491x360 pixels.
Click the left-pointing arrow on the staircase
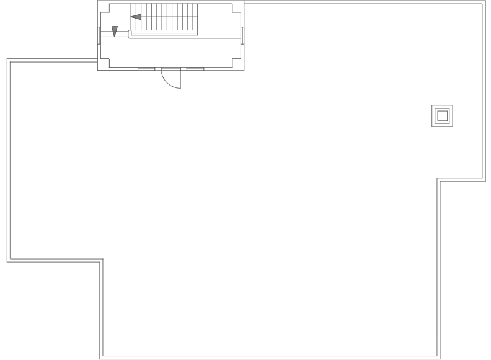point(136,17)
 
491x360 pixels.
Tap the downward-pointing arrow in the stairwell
point(115,30)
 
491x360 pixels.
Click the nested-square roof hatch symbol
point(442,116)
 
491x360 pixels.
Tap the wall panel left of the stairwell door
point(146,68)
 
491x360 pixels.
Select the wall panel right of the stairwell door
point(195,68)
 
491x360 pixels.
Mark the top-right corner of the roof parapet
point(484,3)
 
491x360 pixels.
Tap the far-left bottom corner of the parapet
point(8,260)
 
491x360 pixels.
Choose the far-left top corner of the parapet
point(8,60)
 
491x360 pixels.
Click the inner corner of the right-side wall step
point(438,180)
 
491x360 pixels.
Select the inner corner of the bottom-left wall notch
point(102,260)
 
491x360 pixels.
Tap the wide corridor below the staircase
point(170,51)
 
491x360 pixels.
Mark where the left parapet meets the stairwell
point(97,60)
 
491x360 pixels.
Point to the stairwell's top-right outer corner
point(244,2)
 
